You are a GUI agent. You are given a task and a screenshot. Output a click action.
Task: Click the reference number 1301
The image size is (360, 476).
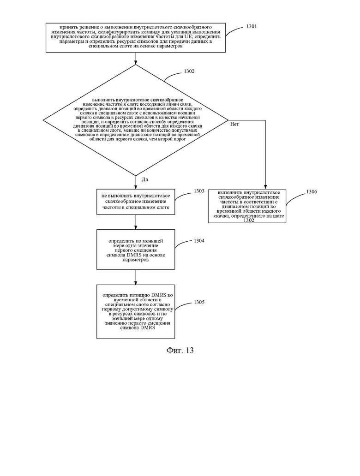pos(251,26)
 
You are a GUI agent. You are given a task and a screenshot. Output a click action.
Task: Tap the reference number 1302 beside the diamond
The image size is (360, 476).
pos(189,71)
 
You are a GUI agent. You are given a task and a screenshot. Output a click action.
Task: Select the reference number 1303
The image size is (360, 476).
pos(199,191)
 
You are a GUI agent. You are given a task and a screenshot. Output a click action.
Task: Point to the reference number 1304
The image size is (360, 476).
pos(199,241)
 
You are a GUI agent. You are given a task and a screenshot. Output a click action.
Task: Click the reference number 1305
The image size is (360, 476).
pos(199,302)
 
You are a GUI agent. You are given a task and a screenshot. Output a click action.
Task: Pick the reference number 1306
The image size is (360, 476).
pos(312,191)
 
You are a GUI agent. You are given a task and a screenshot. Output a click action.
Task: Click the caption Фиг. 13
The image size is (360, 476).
pos(180,351)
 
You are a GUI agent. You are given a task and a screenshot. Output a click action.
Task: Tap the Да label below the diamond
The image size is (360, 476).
pos(145,179)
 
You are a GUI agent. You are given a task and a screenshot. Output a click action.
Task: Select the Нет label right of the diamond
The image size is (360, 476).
pos(234,124)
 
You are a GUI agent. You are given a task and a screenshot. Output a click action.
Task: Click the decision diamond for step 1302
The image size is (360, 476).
pos(136,120)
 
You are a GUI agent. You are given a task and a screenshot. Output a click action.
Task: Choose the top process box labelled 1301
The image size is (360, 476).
pos(136,38)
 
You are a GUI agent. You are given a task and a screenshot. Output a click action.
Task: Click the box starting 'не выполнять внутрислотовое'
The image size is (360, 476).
pos(136,202)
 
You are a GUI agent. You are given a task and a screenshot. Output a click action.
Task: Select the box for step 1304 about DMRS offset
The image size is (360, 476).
pos(136,249)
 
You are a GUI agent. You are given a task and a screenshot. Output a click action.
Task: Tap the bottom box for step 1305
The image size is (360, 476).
pos(136,311)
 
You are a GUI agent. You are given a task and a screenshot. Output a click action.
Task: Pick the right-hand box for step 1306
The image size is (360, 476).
pos(247,207)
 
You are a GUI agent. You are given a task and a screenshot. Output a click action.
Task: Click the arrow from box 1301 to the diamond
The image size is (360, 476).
pos(136,58)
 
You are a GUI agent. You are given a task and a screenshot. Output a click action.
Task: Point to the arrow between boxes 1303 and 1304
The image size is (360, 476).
pos(136,222)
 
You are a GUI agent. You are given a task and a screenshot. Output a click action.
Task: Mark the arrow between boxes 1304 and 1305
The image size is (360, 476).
pos(136,277)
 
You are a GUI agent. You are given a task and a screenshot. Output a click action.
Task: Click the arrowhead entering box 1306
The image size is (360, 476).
pos(265,187)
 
